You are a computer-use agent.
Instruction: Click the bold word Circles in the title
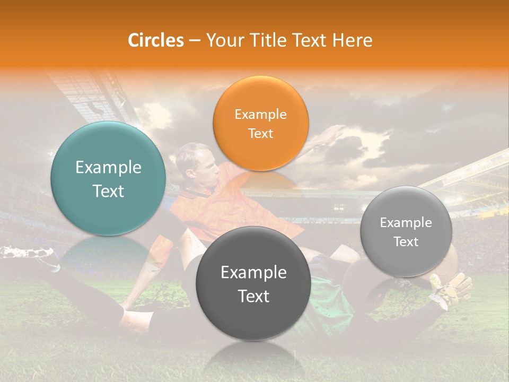156,40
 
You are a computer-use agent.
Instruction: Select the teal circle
108,178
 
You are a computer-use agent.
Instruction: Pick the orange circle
260,123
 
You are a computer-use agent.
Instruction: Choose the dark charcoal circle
253,283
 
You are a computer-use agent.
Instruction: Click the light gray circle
406,231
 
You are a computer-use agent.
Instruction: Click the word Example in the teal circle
108,168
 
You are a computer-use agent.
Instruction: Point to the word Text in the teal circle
108,191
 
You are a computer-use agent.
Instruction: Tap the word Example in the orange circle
260,115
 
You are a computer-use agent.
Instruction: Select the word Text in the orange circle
260,133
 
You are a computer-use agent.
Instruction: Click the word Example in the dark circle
253,273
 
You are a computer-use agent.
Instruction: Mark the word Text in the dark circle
253,296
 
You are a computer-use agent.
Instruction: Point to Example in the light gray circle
406,223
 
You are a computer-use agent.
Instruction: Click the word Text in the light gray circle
406,242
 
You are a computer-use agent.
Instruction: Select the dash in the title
194,41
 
